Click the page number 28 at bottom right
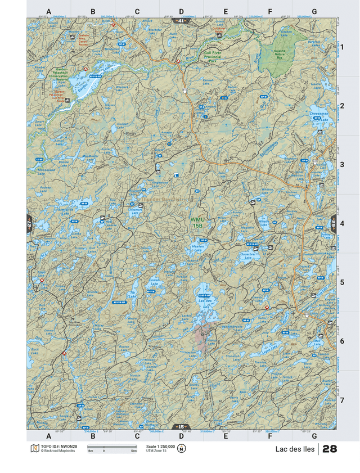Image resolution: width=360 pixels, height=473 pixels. pos(330,449)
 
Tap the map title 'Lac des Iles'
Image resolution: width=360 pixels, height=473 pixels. pos(295,449)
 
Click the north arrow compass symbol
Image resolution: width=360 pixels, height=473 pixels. pos(182,449)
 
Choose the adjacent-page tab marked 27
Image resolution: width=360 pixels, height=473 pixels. pos(29,223)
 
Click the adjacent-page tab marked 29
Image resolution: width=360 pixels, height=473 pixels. pos(334,223)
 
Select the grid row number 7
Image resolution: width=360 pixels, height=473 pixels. pos(341,400)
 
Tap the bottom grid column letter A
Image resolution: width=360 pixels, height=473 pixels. pos(48,436)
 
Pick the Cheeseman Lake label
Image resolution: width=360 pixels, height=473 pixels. pos(319,115)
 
